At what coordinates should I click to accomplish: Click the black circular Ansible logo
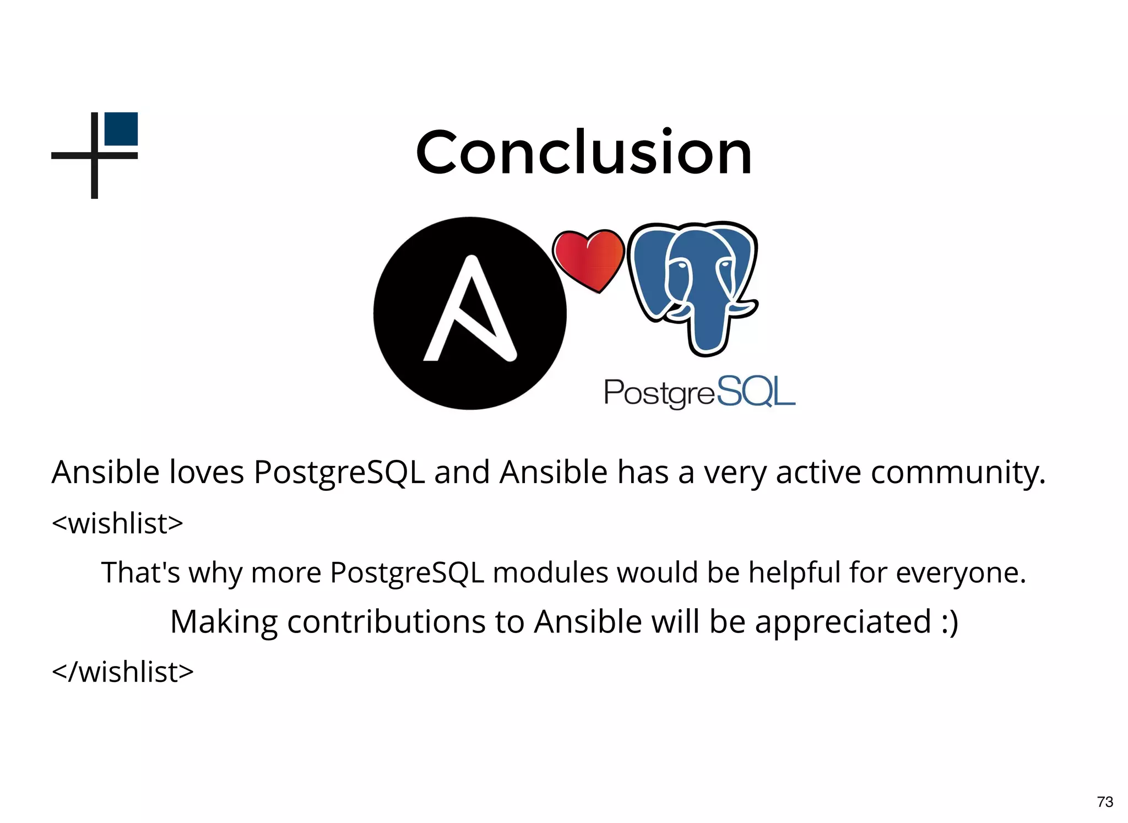(470, 313)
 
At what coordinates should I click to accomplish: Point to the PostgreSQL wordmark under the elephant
(699, 392)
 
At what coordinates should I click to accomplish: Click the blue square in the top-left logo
(121, 129)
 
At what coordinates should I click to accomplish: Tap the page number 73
(1105, 802)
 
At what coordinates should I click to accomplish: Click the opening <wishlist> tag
(117, 523)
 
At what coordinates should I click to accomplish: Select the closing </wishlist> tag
(123, 672)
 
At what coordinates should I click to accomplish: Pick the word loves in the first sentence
(206, 472)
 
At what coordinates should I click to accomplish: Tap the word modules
(551, 572)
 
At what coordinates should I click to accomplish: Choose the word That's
(140, 572)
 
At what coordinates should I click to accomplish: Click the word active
(818, 472)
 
